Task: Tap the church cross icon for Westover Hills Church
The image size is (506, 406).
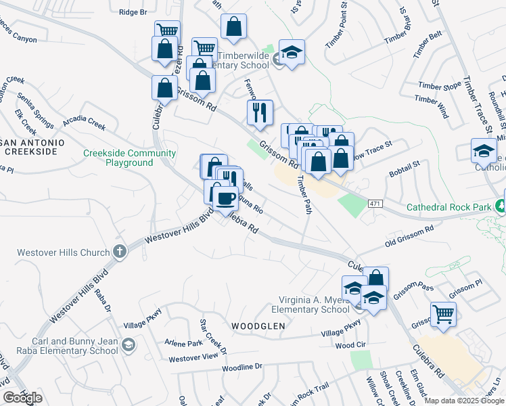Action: pos(120,252)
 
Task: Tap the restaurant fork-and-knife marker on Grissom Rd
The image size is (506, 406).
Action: pos(260,113)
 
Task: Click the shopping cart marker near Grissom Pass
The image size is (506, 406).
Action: pos(443,314)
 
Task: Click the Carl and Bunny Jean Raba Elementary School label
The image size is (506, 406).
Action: pos(61,346)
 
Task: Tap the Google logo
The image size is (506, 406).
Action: pos(22,398)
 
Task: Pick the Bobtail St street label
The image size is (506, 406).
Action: pos(405,168)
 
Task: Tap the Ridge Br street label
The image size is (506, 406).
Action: pos(132,12)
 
